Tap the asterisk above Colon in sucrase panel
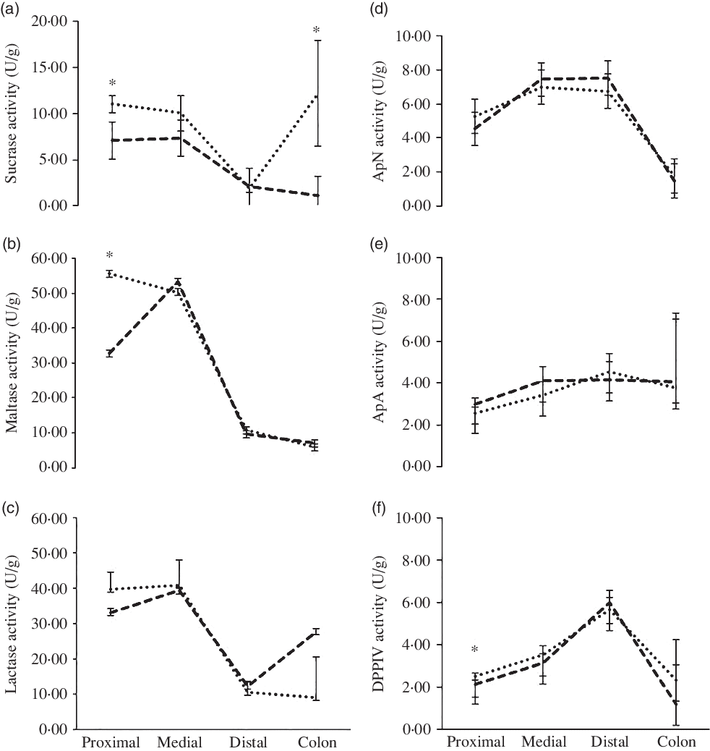(x=316, y=30)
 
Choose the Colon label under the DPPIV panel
(x=677, y=742)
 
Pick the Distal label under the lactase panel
(x=248, y=742)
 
